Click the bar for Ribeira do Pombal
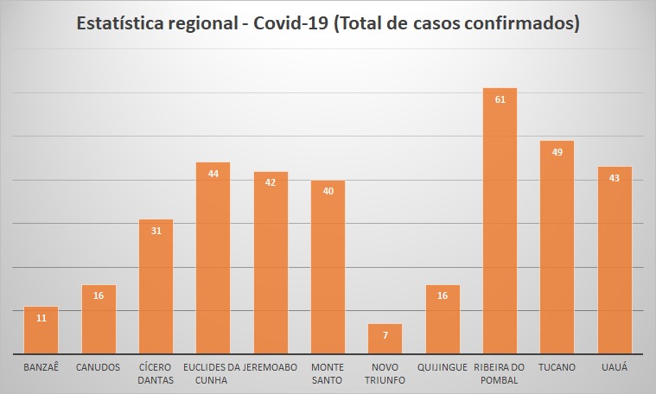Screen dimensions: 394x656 (x=500, y=225)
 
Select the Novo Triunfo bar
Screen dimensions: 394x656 (x=385, y=340)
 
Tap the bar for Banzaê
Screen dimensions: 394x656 (x=41, y=332)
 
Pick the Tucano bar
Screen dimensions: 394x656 (x=557, y=251)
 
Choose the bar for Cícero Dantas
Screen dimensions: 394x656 (x=156, y=289)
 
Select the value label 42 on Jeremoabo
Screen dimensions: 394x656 (x=271, y=182)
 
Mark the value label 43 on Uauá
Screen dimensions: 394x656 (x=615, y=178)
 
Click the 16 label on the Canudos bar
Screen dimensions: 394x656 (x=99, y=296)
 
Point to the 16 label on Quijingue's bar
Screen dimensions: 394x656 (x=443, y=296)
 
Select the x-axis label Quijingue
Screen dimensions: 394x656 (x=443, y=367)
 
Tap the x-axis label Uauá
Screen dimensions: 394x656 (x=615, y=367)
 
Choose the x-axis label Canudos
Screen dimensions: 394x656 (x=99, y=367)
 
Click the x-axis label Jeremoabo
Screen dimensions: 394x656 (x=271, y=367)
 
